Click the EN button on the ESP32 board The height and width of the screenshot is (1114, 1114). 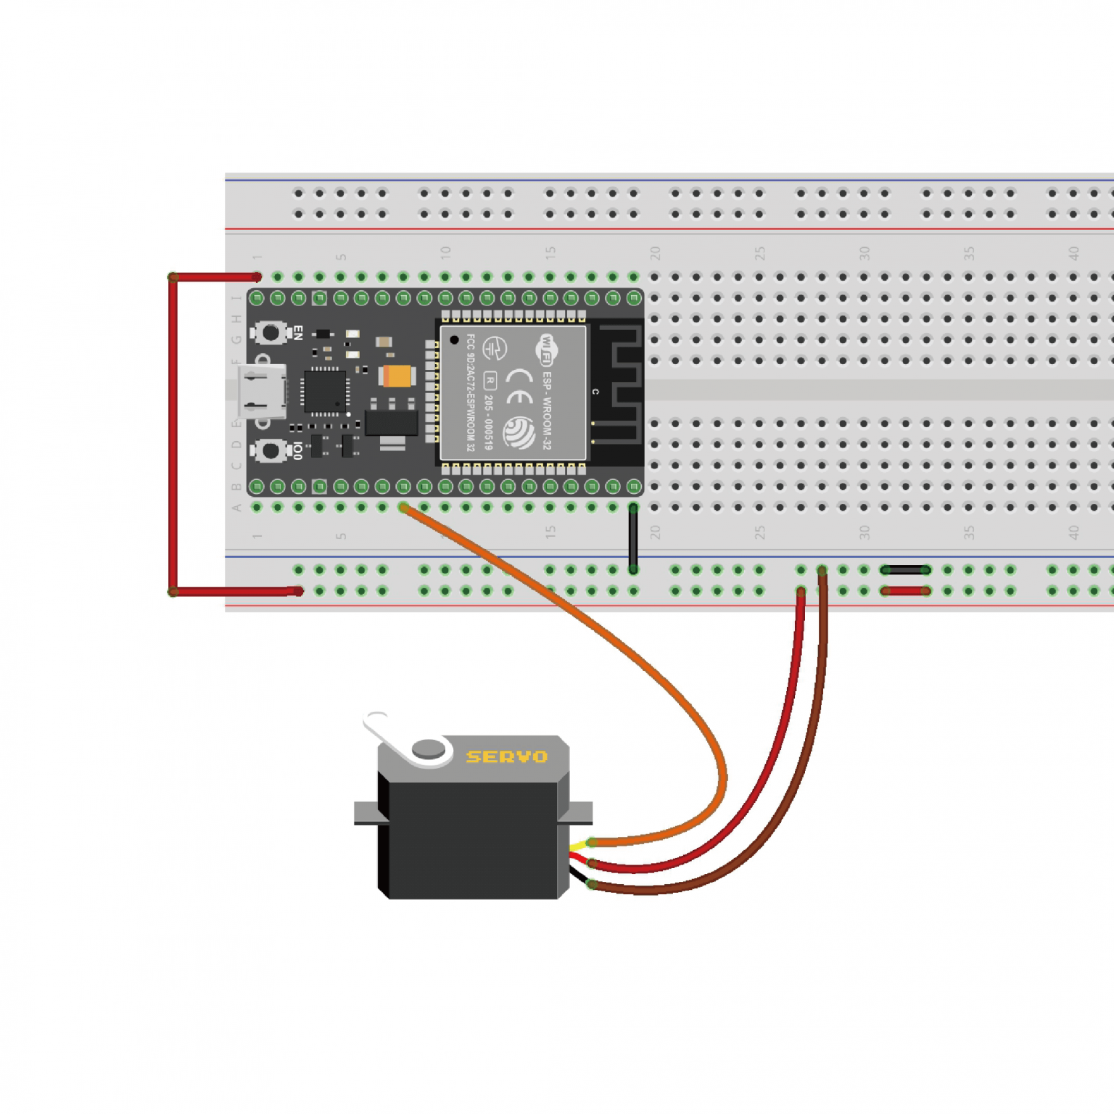point(271,333)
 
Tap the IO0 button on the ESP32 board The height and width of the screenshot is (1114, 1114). point(271,450)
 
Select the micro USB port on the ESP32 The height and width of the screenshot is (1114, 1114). point(260,392)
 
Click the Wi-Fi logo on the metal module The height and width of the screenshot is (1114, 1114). point(546,350)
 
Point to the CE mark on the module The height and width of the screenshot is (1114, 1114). point(519,386)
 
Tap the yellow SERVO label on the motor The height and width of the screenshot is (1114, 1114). point(506,757)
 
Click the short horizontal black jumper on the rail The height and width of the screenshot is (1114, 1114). point(905,570)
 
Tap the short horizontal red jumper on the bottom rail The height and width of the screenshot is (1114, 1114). point(905,592)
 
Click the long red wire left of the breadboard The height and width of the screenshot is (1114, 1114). point(173,435)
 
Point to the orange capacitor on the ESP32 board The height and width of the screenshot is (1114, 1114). point(397,376)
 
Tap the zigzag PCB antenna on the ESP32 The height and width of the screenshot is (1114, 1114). point(620,384)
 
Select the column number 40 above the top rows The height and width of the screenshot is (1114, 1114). point(1073,253)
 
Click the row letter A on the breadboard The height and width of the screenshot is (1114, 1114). point(236,508)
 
